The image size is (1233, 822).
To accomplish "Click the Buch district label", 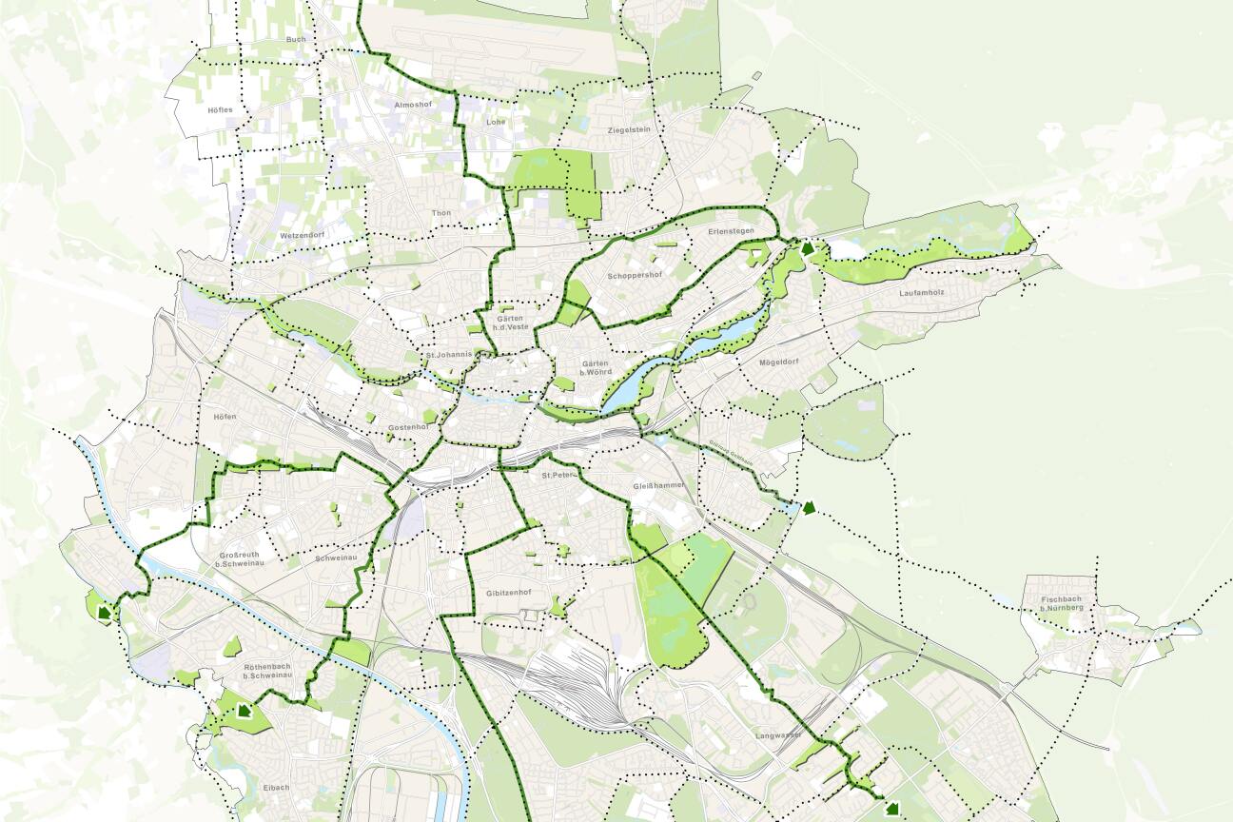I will pos(296,40).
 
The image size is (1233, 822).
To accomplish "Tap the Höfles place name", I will pos(220,110).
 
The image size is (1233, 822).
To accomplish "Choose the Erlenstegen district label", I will pos(731,231).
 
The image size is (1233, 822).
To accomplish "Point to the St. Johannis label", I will pos(449,356).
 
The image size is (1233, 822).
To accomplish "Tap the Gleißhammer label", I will pos(658,486).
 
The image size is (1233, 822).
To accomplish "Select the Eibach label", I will pos(277,788).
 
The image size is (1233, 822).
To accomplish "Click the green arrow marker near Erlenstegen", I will pos(809,249).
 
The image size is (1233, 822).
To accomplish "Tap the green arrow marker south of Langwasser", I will pos(891,809).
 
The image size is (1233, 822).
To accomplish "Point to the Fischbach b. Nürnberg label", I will pos(1061,603).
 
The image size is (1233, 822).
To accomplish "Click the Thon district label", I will pos(440,213).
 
